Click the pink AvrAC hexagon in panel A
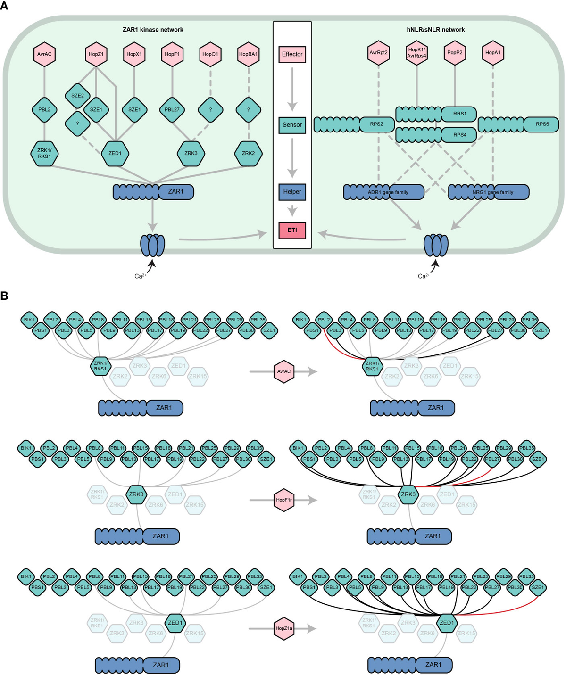coord(44,54)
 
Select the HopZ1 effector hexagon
coord(96,54)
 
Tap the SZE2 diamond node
coord(77,96)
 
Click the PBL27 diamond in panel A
coord(172,109)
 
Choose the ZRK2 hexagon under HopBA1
coord(248,153)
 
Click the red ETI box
coord(292,230)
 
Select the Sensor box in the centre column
coord(292,125)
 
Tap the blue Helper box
coord(292,192)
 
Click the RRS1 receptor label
coord(459,114)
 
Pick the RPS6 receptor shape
coord(541,124)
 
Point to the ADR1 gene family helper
coord(383,192)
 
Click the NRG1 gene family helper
coord(488,192)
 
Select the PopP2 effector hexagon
coord(455,52)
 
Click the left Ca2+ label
coord(140,276)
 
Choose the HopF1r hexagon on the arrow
coord(284,500)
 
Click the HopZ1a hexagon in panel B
coord(284,628)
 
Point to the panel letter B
coord(4,296)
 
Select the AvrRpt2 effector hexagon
coord(379,52)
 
